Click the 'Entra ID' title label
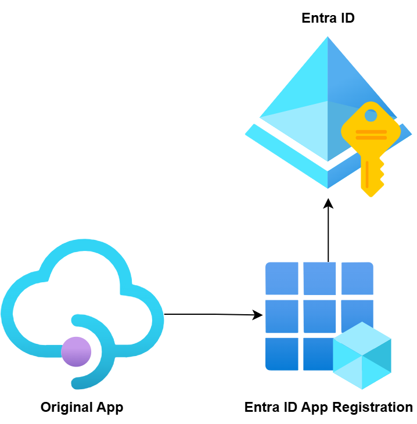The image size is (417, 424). click(328, 19)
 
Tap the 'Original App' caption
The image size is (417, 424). click(82, 407)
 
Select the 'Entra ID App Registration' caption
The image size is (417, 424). click(329, 407)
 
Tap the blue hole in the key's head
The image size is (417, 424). click(370, 115)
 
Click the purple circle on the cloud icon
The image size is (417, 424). click(76, 351)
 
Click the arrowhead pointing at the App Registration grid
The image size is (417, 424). click(258, 315)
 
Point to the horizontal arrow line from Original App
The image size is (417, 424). click(209, 314)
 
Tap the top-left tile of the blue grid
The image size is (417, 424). click(282, 279)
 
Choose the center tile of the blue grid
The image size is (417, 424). click(319, 316)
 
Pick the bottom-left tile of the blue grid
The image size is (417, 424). click(282, 353)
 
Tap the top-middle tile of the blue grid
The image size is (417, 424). click(319, 279)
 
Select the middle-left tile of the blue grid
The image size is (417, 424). click(282, 316)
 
